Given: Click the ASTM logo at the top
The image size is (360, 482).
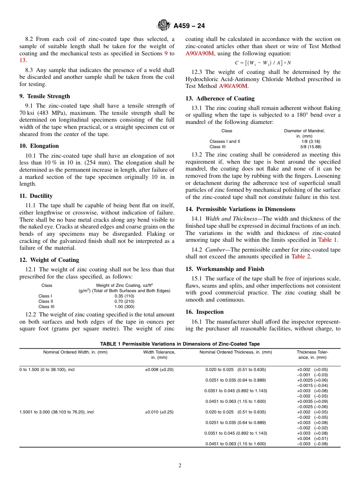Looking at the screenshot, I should (164, 25).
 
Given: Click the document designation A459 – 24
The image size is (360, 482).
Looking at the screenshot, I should (189, 26).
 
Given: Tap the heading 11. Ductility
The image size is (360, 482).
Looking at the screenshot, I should (36, 196).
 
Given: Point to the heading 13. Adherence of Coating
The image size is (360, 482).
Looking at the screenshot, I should (220, 99).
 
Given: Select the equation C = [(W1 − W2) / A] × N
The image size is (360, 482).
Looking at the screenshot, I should (263, 63).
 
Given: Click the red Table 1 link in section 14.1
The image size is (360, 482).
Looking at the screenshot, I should (328, 240).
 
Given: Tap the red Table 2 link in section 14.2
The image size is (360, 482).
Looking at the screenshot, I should (301, 257).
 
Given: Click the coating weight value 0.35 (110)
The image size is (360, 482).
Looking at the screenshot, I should (124, 296).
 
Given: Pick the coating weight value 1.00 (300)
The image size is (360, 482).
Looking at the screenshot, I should (124, 307).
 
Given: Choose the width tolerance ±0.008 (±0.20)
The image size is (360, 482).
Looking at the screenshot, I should (159, 369).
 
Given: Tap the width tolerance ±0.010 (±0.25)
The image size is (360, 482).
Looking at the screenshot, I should (159, 412).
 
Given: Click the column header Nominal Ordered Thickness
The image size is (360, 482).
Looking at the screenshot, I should (235, 352).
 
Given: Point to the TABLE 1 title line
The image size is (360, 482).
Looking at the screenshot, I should (180, 344).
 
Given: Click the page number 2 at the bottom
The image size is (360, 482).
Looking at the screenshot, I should (180, 466).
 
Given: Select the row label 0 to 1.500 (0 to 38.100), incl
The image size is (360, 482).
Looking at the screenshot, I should (47, 369).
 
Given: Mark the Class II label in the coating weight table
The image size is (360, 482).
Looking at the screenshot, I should (46, 301).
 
